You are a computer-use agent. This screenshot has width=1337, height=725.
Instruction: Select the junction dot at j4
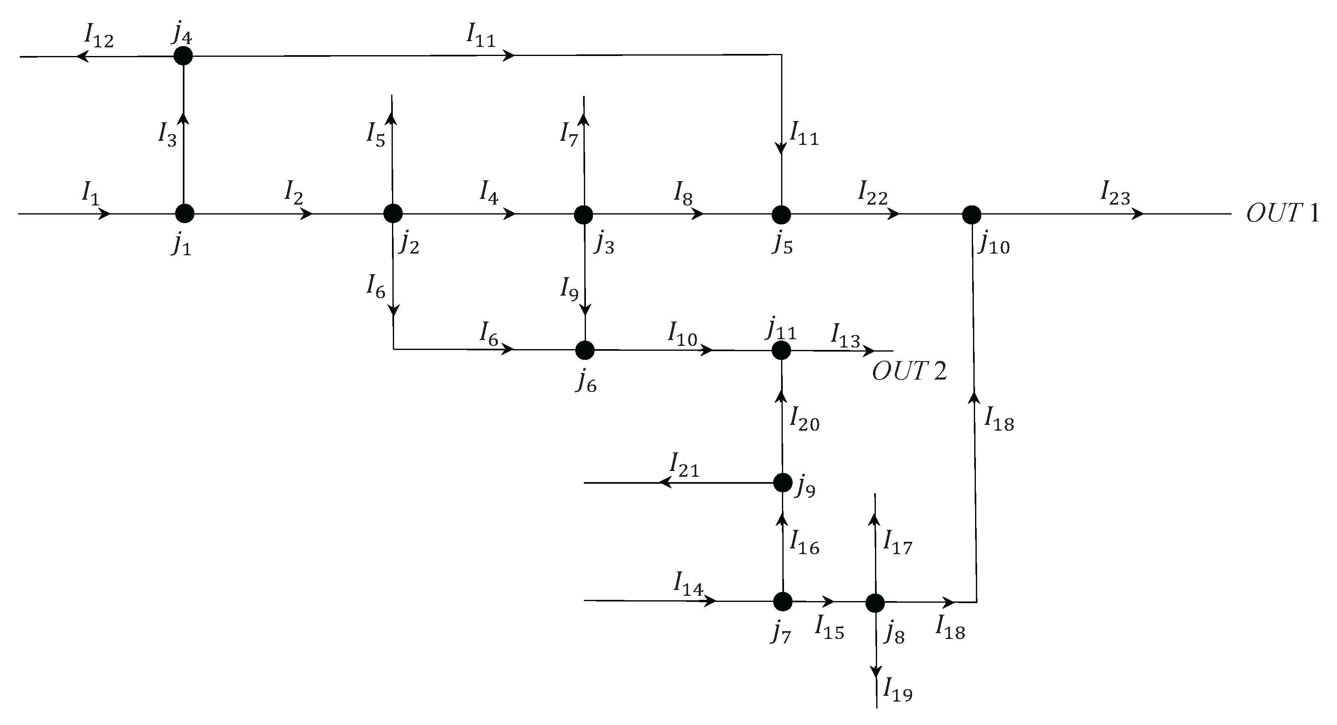click(183, 56)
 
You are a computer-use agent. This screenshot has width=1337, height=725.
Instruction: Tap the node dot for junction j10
click(972, 214)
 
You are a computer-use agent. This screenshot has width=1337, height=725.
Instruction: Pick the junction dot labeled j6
click(585, 350)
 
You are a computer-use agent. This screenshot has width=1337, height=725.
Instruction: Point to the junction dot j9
click(783, 483)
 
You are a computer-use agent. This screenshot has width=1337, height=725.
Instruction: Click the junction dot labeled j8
click(875, 603)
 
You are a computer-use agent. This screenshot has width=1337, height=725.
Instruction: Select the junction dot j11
click(781, 350)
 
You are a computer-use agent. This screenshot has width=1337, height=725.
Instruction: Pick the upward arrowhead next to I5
click(392, 119)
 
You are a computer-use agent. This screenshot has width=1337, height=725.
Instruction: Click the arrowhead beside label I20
click(782, 396)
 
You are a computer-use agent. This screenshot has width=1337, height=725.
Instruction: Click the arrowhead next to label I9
click(585, 309)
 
